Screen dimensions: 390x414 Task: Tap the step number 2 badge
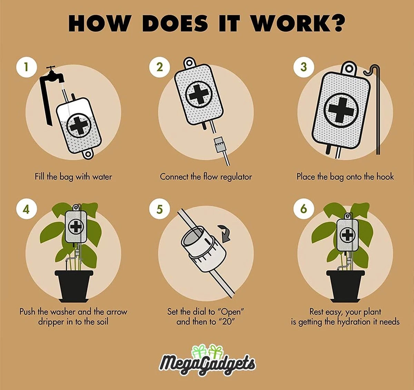coord(159,66)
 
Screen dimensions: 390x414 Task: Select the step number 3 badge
coord(304,66)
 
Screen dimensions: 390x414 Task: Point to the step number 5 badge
coord(159,209)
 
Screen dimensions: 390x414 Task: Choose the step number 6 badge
coord(304,209)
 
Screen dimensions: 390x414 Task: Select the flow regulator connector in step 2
coord(219,144)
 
